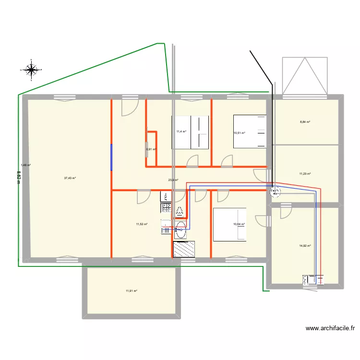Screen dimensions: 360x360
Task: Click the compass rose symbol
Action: click(32, 70)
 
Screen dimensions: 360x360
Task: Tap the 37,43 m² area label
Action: click(70, 178)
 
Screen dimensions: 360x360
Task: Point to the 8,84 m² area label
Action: click(305, 122)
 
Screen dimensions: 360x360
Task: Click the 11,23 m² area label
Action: click(305, 174)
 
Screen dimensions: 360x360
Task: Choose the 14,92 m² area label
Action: click(305, 246)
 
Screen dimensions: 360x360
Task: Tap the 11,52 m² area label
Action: click(142, 224)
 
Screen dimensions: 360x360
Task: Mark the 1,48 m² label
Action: click(26, 165)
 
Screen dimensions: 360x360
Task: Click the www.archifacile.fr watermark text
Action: click(330, 329)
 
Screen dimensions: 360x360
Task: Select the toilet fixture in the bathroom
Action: click(180, 211)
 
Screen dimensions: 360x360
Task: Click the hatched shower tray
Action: click(184, 249)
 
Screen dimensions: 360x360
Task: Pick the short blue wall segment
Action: click(112, 157)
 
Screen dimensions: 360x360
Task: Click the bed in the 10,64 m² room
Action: click(229, 224)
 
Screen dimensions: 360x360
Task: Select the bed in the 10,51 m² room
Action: click(249, 131)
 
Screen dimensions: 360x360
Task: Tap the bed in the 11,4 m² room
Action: click(191, 132)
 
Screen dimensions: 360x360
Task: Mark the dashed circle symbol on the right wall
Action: click(276, 192)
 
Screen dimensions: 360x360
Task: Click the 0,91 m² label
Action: click(151, 149)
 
